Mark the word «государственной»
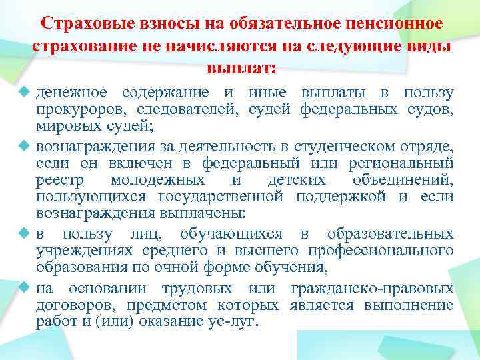221,197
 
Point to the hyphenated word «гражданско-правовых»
373,289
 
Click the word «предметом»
163,305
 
